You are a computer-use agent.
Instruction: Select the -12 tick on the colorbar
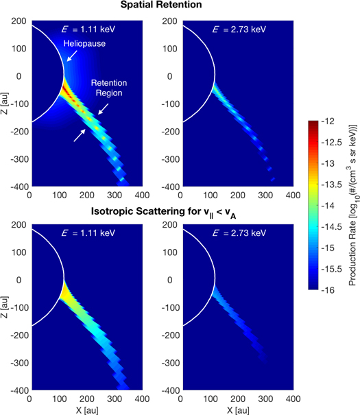tap(333, 121)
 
